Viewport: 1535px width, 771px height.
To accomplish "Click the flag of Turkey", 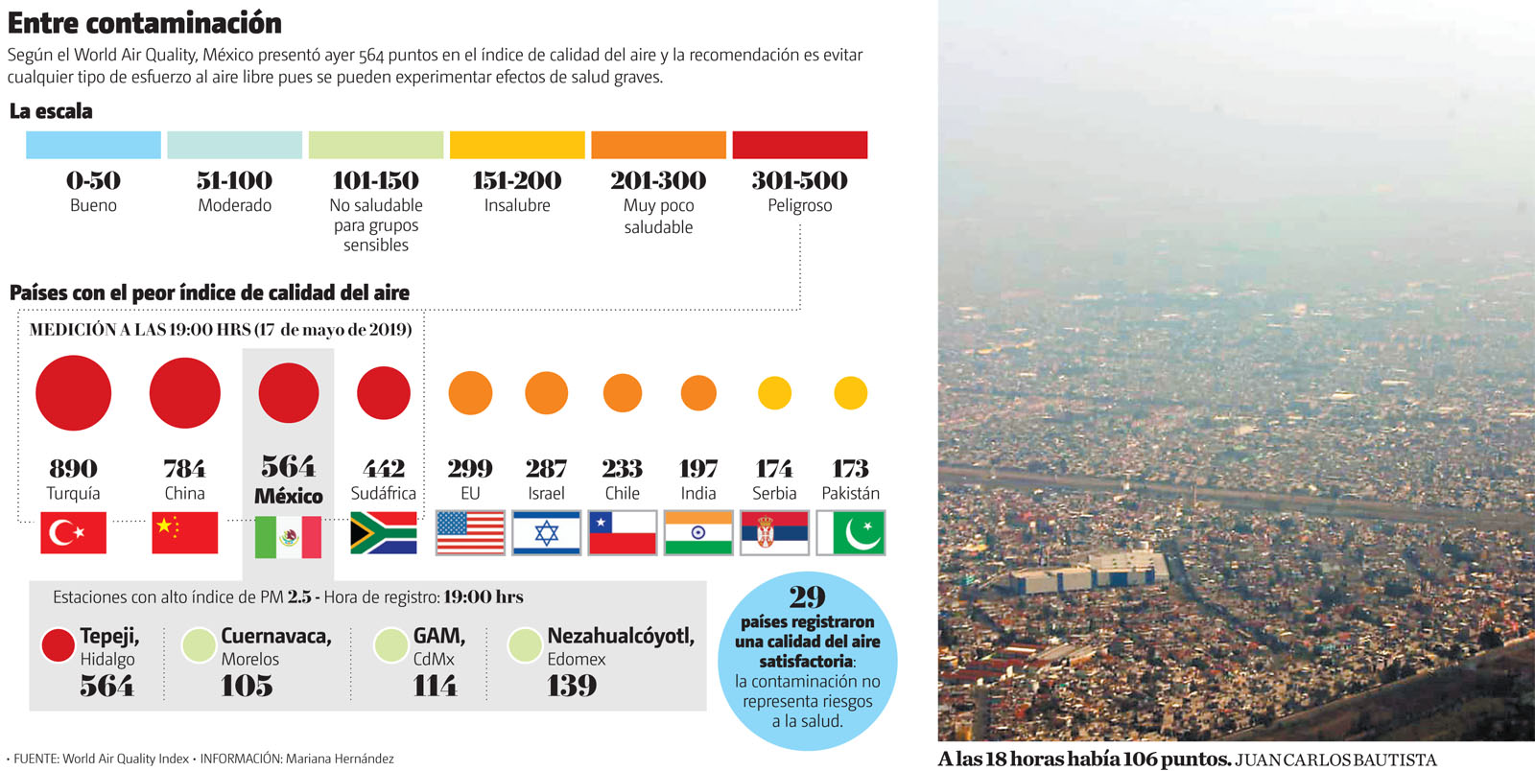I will pyautogui.click(x=73, y=533).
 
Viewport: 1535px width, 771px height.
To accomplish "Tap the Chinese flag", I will pyautogui.click(x=184, y=533).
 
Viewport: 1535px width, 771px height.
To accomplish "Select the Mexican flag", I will pyautogui.click(x=288, y=537).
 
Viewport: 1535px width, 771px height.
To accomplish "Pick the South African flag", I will pyautogui.click(x=383, y=533).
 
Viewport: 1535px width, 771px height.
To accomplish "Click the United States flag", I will pyautogui.click(x=470, y=533).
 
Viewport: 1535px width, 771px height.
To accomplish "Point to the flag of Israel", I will pyautogui.click(x=546, y=533).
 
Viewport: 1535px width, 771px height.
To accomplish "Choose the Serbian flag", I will pyautogui.click(x=774, y=533).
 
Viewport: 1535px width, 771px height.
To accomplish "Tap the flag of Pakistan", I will pyautogui.click(x=851, y=533).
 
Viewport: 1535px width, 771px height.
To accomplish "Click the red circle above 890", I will pyautogui.click(x=73, y=393).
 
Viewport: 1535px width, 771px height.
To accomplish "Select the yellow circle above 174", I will pyautogui.click(x=774, y=393).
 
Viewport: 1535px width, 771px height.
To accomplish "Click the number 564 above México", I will pyautogui.click(x=288, y=466).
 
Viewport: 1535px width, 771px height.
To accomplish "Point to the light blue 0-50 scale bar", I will pyautogui.click(x=93, y=145).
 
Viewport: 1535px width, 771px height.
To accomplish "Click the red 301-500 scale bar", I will pyautogui.click(x=799, y=145).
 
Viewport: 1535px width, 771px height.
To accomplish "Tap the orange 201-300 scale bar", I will pyautogui.click(x=658, y=145).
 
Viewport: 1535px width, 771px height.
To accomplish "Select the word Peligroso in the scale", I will pyautogui.click(x=799, y=205).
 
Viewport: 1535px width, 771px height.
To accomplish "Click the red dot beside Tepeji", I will pyautogui.click(x=59, y=645).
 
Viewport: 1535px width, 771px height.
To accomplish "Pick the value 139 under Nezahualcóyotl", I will pyautogui.click(x=572, y=686).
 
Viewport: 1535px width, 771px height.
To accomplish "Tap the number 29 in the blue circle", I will pyautogui.click(x=807, y=597).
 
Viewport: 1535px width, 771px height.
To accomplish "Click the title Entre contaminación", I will pyautogui.click(x=145, y=22).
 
